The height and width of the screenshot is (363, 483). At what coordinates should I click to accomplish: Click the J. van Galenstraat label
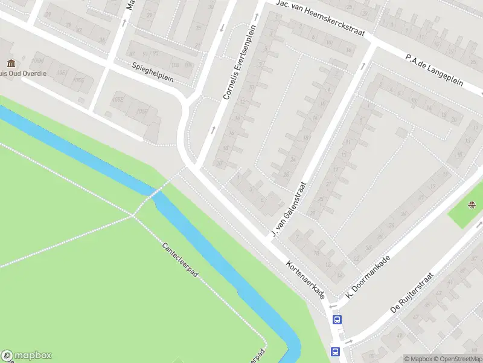point(289,209)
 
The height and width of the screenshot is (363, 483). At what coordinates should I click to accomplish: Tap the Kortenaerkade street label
point(305,280)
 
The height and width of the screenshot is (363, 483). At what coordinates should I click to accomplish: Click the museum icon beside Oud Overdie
point(11,64)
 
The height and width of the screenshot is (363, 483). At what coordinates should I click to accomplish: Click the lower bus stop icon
point(334,351)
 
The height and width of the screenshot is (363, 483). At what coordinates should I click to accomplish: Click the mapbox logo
point(27,356)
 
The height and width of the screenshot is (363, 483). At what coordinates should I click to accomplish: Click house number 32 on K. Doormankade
point(356,258)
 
